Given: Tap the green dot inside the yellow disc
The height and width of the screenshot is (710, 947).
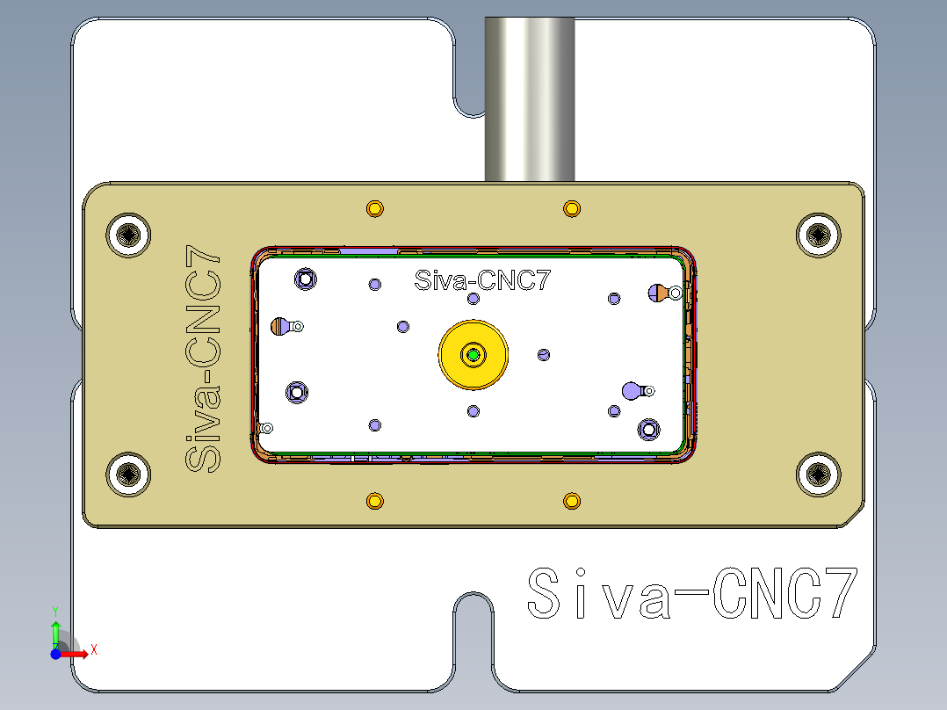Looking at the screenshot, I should pos(473,355).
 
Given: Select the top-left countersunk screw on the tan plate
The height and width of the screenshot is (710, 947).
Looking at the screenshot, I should pos(129,235).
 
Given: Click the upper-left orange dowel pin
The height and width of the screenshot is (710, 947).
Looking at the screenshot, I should pos(375,209).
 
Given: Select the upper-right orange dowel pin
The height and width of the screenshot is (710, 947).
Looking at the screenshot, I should pos(572,209).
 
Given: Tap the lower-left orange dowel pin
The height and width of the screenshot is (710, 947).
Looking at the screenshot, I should pos(375,501).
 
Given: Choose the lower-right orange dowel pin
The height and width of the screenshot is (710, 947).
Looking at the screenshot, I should pos(572,501).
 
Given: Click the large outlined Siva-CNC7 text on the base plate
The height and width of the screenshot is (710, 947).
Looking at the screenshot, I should pos(691,595).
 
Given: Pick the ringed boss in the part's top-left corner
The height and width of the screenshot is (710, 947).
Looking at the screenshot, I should pos(306,279).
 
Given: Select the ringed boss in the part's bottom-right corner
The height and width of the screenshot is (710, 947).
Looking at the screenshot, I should pos(649,429).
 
